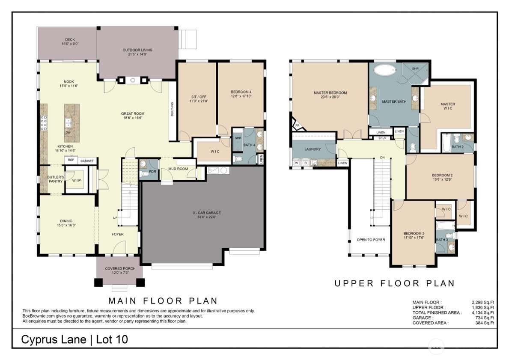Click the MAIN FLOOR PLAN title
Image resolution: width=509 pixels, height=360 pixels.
point(163,300)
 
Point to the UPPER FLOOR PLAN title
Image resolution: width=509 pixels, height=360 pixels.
point(394,283)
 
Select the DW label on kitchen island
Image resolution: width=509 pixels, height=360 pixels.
point(68,133)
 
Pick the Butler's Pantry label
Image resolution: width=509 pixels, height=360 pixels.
point(55,179)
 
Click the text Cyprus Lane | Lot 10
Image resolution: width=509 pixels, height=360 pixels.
point(75,339)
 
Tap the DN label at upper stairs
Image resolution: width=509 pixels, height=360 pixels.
point(382,158)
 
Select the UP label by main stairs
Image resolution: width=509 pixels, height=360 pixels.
point(115,218)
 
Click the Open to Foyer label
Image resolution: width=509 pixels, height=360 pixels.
point(371,240)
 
